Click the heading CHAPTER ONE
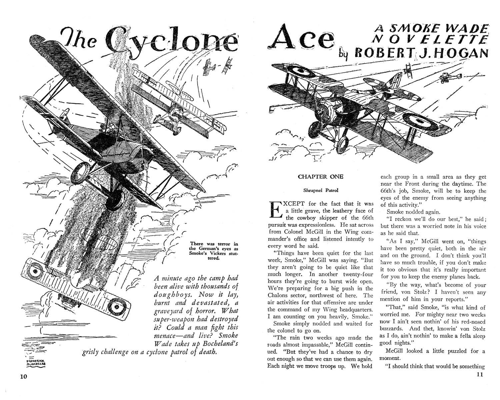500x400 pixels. (x=320, y=177)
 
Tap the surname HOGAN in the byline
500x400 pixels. (x=472, y=53)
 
